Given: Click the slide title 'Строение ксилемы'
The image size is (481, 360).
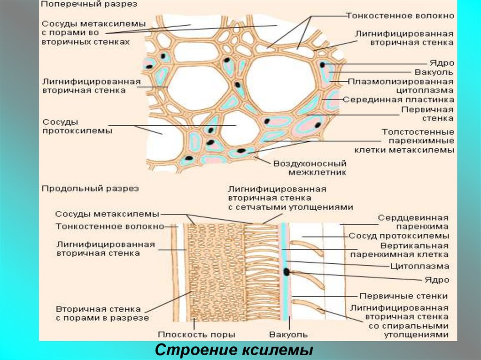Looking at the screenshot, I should (x=234, y=350).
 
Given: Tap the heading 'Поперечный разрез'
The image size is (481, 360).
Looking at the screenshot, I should (x=89, y=5).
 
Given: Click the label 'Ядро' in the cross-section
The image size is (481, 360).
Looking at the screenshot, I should (x=442, y=62).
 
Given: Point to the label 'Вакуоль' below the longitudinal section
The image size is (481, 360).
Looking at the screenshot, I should (x=288, y=335).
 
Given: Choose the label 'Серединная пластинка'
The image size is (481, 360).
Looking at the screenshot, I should (x=398, y=100).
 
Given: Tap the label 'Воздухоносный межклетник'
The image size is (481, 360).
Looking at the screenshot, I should (x=310, y=168).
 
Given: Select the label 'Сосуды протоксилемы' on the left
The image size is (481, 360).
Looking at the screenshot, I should (x=78, y=126).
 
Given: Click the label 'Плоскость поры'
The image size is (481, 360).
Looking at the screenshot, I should (x=196, y=335).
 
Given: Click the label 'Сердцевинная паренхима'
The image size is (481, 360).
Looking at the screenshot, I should (x=413, y=222).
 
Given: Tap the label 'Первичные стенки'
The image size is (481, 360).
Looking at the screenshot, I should (x=403, y=296).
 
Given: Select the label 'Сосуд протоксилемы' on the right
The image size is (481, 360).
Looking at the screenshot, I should (x=399, y=236).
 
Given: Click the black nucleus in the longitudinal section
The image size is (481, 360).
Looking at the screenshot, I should (x=286, y=271).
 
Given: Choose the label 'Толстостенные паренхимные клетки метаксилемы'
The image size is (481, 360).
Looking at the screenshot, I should (x=418, y=141).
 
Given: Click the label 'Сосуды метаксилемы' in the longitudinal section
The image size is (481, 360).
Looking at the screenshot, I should (x=107, y=214).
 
